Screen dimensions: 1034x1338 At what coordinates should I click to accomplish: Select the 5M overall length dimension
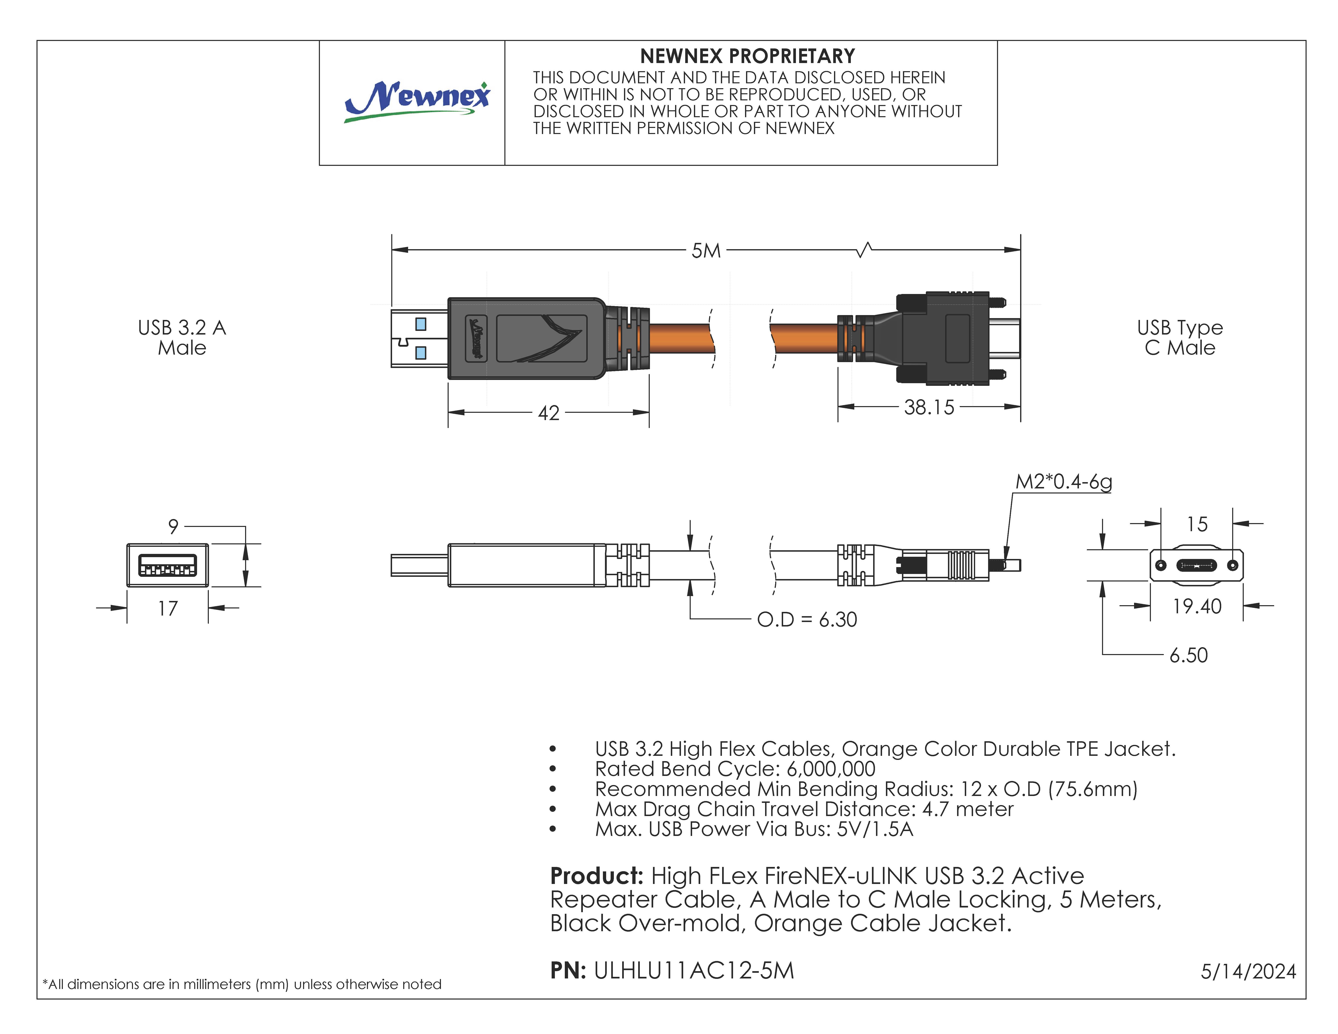coord(706,251)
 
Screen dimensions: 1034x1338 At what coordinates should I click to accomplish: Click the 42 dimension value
coord(548,413)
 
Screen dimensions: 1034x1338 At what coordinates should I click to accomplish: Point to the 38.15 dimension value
coord(929,407)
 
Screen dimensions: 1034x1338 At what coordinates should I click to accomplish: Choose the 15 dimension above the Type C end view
coord(1196,524)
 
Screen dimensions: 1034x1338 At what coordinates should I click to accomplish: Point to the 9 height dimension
coord(173,526)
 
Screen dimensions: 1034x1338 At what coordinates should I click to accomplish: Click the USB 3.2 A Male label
coord(182,338)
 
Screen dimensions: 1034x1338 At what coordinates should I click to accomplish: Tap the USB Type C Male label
coord(1179,338)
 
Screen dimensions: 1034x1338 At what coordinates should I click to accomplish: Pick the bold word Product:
coord(596,876)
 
